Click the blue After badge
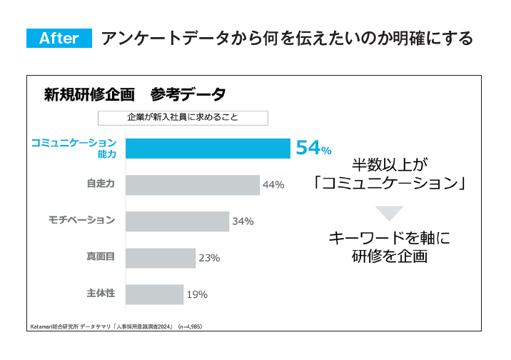pos(59,39)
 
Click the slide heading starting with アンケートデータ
pos(287,39)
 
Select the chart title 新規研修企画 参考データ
pos(135,94)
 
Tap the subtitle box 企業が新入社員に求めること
pos(183,118)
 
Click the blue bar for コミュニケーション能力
pos(208,148)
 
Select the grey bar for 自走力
pos(193,185)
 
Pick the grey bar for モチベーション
pos(177,221)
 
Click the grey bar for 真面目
pos(161,258)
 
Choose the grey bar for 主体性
pos(154,294)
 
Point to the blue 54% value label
pos(313,148)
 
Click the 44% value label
pos(273,185)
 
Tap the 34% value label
pos(243,221)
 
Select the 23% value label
pos(209,258)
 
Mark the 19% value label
pos(197,294)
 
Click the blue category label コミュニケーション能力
pos(73,148)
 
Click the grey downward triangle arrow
pos(389,213)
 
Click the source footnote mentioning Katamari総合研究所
pos(116,326)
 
